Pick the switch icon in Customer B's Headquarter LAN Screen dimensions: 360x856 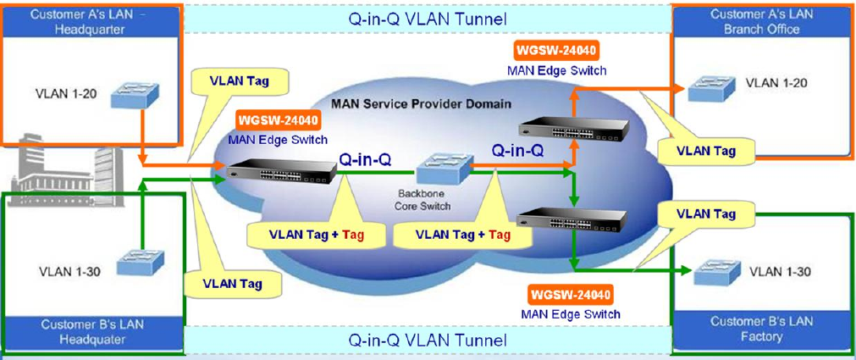pyautogui.click(x=133, y=264)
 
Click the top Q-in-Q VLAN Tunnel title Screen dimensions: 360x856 pyautogui.click(x=428, y=18)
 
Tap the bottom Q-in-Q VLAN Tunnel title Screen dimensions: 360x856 pyautogui.click(x=428, y=340)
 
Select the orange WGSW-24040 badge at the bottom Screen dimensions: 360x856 pyautogui.click(x=571, y=296)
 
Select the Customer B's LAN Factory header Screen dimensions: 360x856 pyautogui.click(x=761, y=329)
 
